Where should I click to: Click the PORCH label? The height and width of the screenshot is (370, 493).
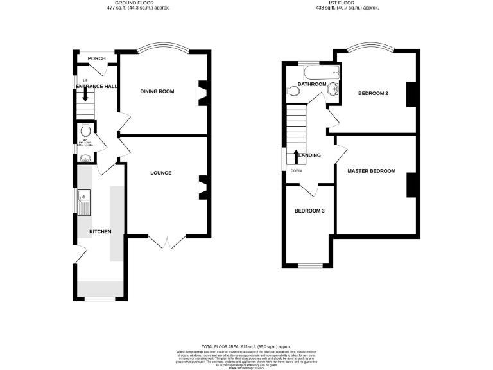(97, 58)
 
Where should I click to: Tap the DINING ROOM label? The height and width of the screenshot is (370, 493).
(157, 91)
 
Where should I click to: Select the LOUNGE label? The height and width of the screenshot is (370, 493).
(160, 173)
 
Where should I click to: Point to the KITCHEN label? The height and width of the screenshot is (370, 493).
(100, 231)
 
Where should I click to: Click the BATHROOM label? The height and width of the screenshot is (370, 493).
(312, 84)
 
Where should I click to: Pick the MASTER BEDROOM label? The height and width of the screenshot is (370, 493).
(371, 171)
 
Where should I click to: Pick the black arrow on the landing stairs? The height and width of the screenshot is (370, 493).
(296, 155)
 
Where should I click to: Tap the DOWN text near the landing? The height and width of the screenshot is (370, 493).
(296, 170)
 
